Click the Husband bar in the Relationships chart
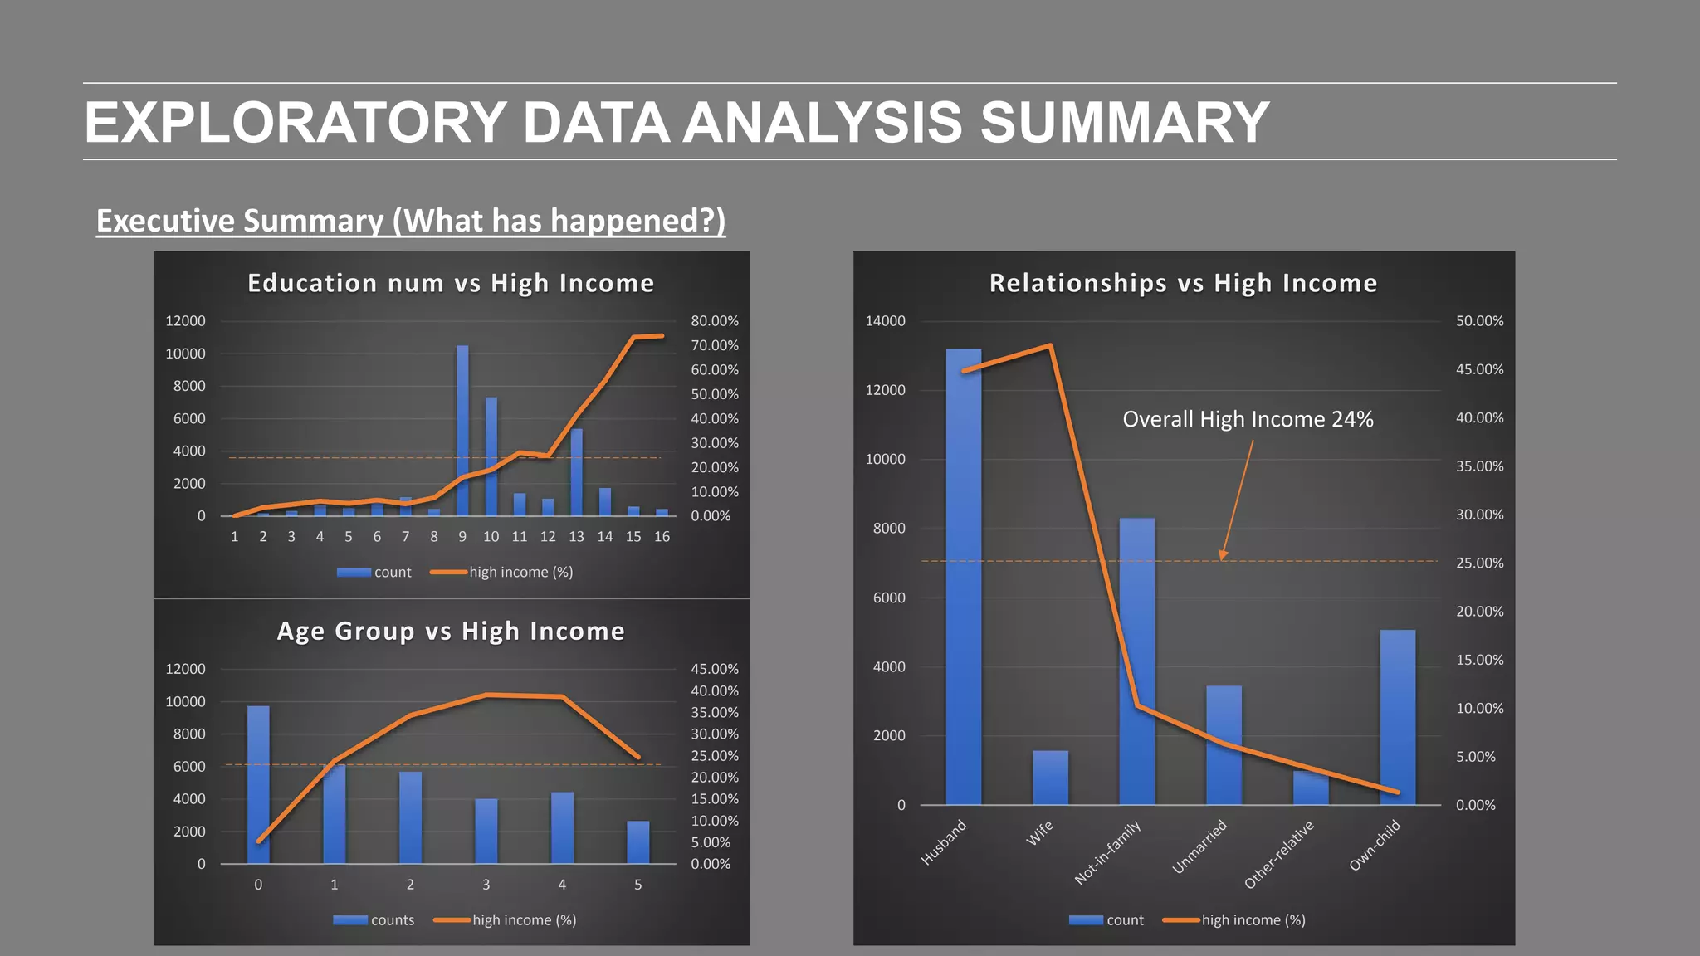(x=963, y=581)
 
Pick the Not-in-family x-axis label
(x=1108, y=852)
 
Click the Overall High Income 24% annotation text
(x=1248, y=419)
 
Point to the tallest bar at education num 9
(x=462, y=432)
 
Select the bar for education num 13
(x=577, y=473)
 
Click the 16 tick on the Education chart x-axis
(x=662, y=537)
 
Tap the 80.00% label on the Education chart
(x=715, y=321)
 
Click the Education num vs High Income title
(x=451, y=283)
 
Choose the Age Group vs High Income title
(x=451, y=631)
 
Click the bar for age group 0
(x=258, y=784)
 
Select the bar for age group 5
(x=637, y=842)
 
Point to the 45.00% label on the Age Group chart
(x=715, y=669)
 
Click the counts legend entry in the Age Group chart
(x=374, y=920)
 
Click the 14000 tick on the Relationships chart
(x=885, y=321)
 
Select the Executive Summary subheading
(x=411, y=221)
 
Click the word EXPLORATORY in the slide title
(x=296, y=123)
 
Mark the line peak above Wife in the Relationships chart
(x=1051, y=345)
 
